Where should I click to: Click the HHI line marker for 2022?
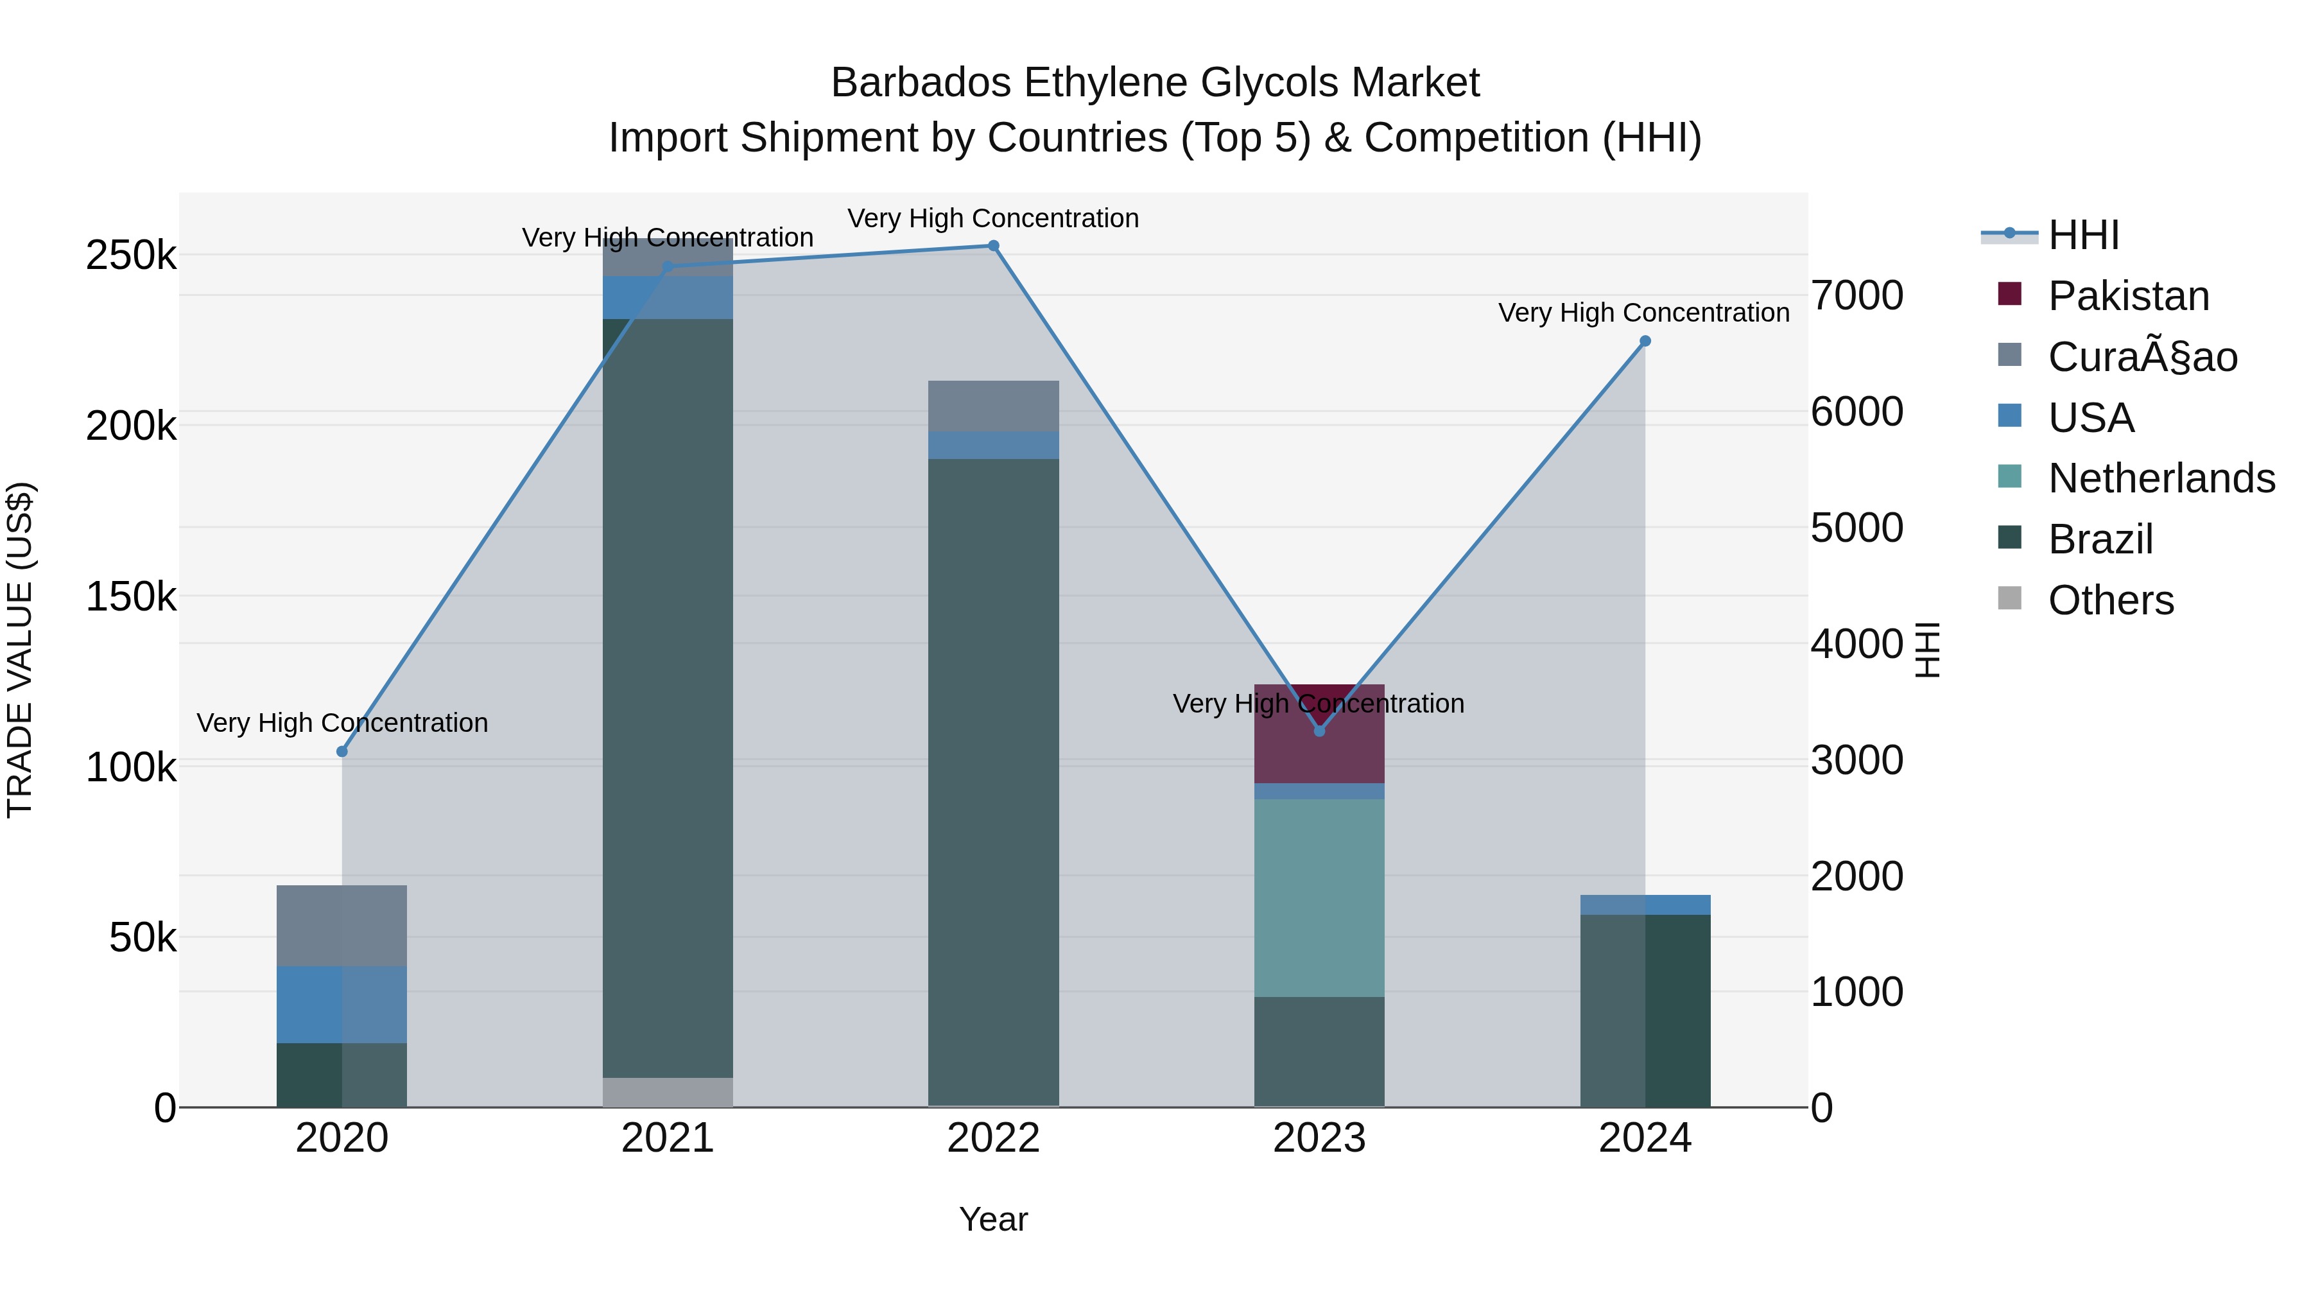(x=993, y=246)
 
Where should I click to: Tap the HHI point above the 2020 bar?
(x=342, y=751)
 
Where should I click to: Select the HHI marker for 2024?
(x=1645, y=341)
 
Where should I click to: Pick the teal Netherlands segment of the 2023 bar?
(x=1319, y=897)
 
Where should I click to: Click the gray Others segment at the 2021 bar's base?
(x=668, y=1092)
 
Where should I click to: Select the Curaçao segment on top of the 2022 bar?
(x=993, y=406)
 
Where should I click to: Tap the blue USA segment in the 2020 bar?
(x=342, y=1004)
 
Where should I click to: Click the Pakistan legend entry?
(x=2128, y=296)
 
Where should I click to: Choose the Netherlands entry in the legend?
(x=2160, y=478)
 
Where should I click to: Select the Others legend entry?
(x=2110, y=600)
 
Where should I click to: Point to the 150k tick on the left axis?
(x=131, y=596)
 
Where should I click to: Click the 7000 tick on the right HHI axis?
(x=1856, y=295)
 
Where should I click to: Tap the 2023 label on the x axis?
(x=1319, y=1138)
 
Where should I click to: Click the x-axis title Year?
(x=993, y=1219)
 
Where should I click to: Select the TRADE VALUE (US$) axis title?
(x=20, y=650)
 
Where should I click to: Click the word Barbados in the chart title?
(x=921, y=83)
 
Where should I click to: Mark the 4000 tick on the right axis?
(x=1856, y=643)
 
